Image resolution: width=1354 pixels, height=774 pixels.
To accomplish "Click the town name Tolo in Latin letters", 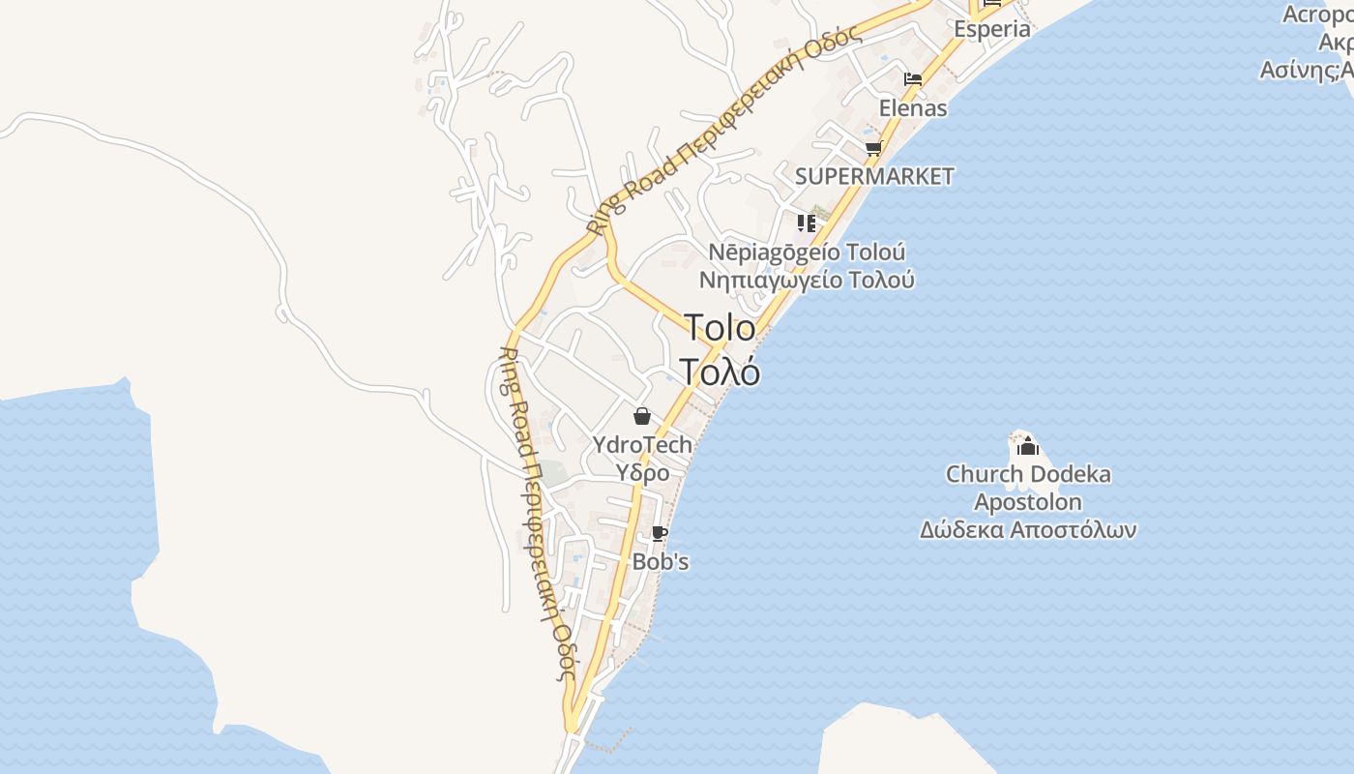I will click(721, 328).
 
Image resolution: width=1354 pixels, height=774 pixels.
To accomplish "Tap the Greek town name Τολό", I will click(720, 372).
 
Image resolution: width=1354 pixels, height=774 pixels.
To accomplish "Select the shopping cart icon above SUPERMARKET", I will click(873, 149).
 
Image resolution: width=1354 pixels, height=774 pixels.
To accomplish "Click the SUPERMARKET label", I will click(874, 176).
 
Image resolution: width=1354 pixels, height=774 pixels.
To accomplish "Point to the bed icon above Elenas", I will click(912, 79).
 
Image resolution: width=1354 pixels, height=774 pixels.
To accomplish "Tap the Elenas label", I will click(913, 107).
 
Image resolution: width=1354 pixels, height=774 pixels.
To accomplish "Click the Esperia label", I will click(992, 29).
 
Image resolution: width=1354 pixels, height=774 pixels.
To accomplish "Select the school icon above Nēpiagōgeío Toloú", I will click(807, 223).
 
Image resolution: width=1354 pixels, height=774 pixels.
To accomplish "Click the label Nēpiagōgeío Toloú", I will click(808, 253).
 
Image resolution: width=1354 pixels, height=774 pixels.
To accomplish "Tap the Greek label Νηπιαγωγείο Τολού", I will click(808, 281).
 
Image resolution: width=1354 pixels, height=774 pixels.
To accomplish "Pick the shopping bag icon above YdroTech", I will click(641, 416).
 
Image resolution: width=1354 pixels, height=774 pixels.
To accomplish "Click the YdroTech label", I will click(642, 445).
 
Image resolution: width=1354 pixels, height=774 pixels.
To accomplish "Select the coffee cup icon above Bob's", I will click(659, 533).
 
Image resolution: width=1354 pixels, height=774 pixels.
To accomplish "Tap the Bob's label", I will click(661, 561).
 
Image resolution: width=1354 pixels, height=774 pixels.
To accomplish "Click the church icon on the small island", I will click(1028, 446).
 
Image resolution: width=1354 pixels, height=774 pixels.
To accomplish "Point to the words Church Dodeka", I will click(1028, 475).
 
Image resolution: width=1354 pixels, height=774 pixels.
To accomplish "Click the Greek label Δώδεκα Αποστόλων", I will click(1028, 530).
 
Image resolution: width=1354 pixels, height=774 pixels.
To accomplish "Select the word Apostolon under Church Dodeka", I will click(1028, 502).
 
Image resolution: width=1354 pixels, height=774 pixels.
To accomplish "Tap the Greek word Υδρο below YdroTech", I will click(643, 473).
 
